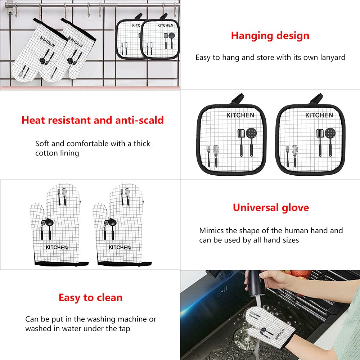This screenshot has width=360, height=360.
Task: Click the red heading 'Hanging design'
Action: tap(270, 36)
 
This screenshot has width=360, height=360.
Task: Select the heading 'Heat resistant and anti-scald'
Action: tap(93, 120)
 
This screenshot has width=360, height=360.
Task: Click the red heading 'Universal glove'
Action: tap(271, 208)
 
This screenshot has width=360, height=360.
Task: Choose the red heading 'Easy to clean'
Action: tap(91, 298)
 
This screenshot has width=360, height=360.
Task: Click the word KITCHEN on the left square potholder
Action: tap(240, 115)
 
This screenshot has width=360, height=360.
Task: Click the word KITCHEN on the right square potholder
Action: tap(319, 115)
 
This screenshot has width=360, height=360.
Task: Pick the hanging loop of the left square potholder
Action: tap(238, 98)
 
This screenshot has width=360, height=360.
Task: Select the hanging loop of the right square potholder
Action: tap(316, 98)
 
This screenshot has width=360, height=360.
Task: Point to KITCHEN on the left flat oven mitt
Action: tap(57, 247)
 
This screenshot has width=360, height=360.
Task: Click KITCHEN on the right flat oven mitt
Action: tap(120, 247)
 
